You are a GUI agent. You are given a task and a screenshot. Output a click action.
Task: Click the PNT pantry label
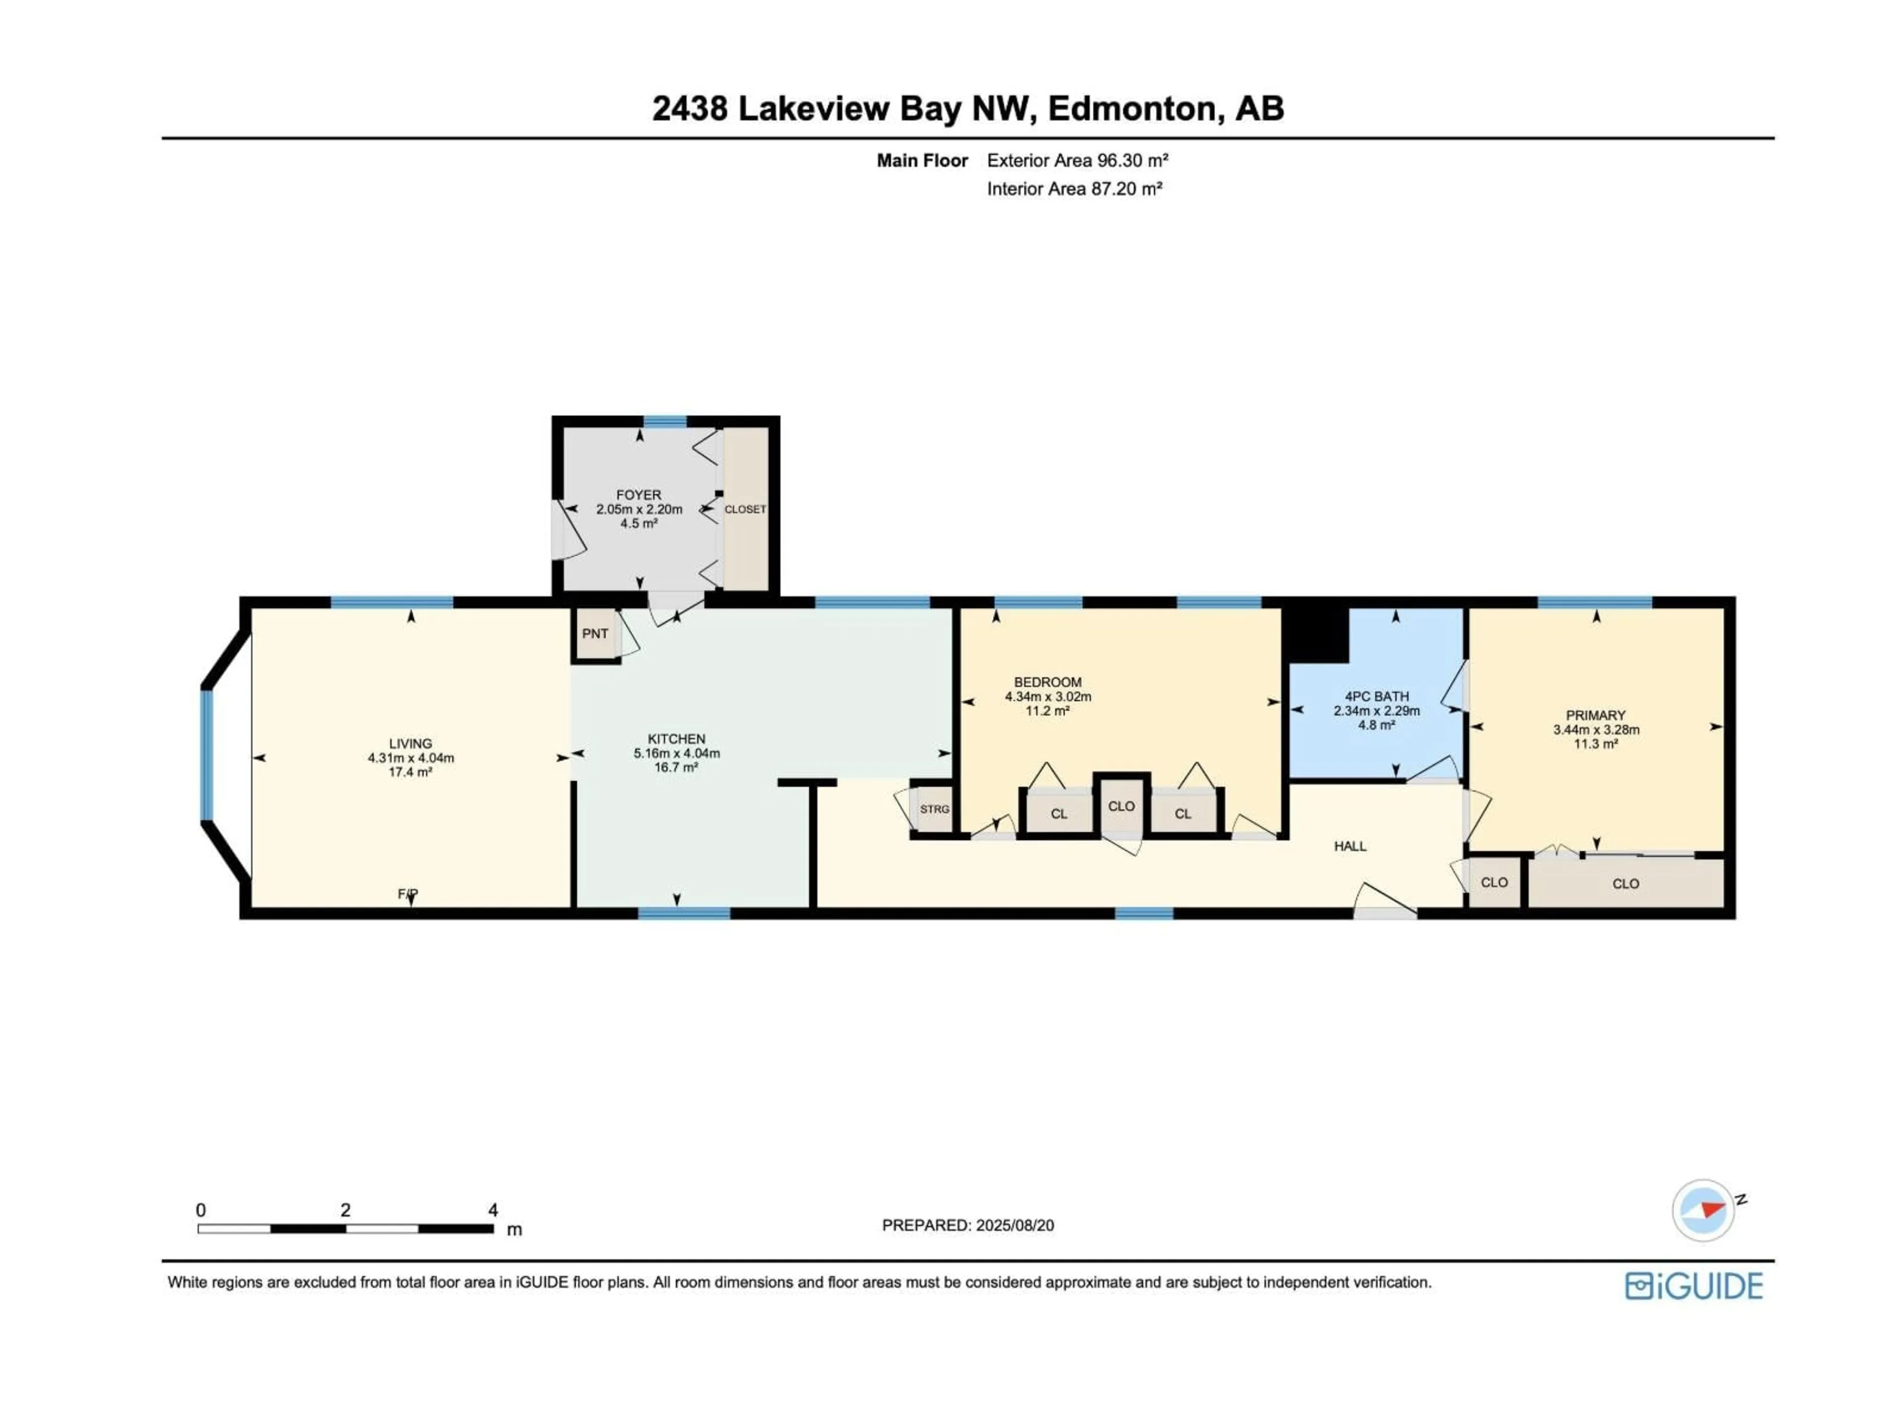point(595,634)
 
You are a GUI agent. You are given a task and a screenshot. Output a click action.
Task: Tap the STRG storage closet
point(934,809)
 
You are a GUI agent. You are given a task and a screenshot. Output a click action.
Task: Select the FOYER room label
point(638,495)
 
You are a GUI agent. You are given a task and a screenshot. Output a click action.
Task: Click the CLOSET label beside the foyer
point(745,510)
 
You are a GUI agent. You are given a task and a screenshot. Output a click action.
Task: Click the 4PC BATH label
point(1377,696)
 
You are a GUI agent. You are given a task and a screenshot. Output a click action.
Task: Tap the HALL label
point(1350,846)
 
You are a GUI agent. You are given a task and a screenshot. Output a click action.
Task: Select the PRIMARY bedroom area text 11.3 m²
point(1596,744)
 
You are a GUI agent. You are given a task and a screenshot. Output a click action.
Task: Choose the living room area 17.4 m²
point(410,772)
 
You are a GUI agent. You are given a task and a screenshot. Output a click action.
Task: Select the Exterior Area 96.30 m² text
point(1077,160)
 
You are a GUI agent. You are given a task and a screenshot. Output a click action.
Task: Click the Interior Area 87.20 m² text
point(1074,188)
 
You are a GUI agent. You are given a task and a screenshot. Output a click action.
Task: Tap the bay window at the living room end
point(207,755)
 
